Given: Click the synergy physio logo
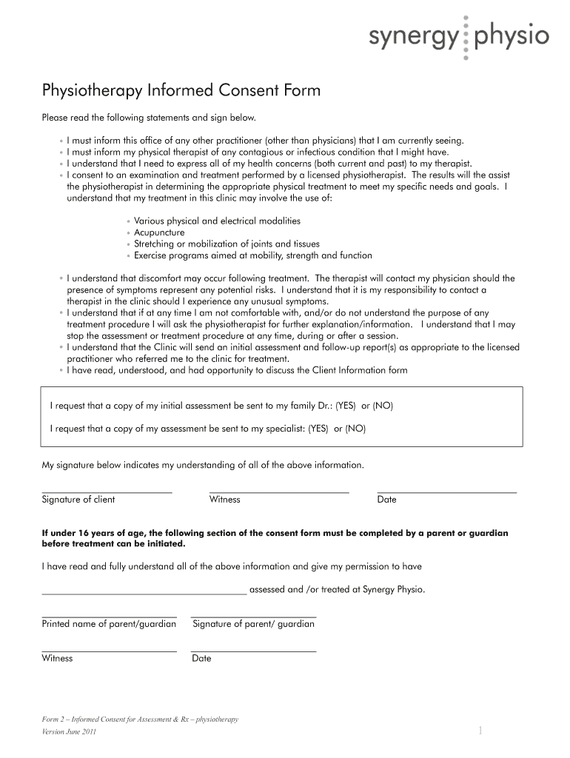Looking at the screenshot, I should pyautogui.click(x=460, y=36).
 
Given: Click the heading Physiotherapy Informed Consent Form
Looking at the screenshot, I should pyautogui.click(x=181, y=91).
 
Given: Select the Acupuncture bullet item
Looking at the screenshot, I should pyautogui.click(x=159, y=232).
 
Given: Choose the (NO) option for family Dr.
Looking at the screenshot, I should pyautogui.click(x=383, y=406).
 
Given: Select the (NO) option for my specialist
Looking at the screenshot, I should pyautogui.click(x=355, y=429).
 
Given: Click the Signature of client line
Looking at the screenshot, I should pyautogui.click(x=107, y=492).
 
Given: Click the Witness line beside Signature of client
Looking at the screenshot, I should pyautogui.click(x=279, y=492).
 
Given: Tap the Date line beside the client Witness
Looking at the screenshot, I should pyautogui.click(x=446, y=492).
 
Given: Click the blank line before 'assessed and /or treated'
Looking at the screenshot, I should pyautogui.click(x=144, y=593).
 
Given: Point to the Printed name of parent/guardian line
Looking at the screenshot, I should pyautogui.click(x=109, y=616).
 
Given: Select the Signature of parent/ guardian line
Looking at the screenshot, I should pyautogui.click(x=253, y=616).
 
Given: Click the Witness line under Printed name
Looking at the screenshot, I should pyautogui.click(x=109, y=651).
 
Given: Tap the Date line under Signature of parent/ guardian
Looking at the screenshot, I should pyautogui.click(x=253, y=651).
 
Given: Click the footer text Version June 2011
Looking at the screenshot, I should pyautogui.click(x=69, y=732).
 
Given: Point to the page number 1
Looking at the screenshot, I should pyautogui.click(x=480, y=731).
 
